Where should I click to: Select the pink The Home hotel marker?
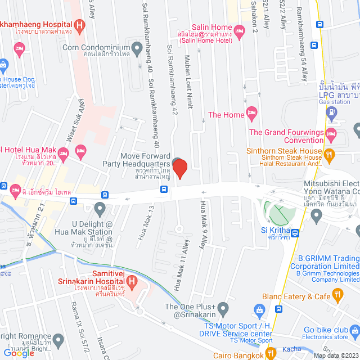tap(252, 114)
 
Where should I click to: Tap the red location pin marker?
tap(179, 169)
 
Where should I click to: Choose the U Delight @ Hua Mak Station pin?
tap(100, 210)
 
